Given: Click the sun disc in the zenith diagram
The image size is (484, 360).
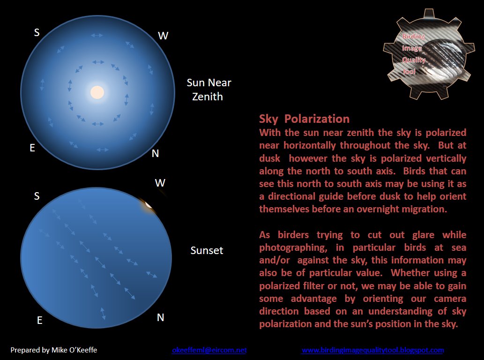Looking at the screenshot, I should click(x=97, y=92).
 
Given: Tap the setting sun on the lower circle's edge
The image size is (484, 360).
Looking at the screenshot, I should click(x=149, y=204).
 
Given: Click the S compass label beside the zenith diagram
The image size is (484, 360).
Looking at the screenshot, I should click(x=37, y=32).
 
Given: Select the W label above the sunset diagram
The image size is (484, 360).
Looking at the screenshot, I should click(x=160, y=183).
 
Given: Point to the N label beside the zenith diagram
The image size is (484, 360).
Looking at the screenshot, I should click(x=156, y=154).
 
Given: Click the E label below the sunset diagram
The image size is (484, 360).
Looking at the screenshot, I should click(x=40, y=321).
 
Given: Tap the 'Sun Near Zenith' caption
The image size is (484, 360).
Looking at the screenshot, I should click(x=209, y=90).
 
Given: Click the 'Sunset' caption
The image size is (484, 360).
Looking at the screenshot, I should click(x=207, y=250).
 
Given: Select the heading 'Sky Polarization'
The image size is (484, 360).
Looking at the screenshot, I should click(x=305, y=119).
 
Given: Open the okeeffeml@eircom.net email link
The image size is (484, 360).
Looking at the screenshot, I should click(x=209, y=350).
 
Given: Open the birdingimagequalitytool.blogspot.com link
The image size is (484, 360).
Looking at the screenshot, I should click(x=372, y=350).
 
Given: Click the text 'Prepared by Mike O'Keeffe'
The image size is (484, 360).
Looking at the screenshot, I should click(x=54, y=350).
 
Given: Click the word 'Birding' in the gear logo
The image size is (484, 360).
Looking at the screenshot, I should click(x=413, y=37).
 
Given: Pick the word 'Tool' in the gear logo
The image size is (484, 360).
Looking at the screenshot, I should click(x=409, y=72).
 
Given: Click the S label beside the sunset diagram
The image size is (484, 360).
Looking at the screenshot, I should click(x=37, y=196).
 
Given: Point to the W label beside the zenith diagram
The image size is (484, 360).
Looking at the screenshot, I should click(x=163, y=36).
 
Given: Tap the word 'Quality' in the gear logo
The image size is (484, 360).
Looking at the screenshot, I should click(x=414, y=60).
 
